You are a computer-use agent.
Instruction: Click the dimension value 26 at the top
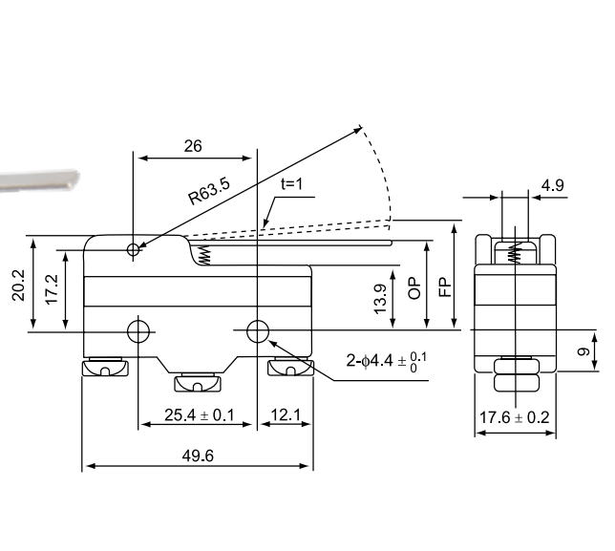click(192, 146)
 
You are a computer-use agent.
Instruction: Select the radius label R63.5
click(209, 187)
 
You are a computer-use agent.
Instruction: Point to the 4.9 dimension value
click(552, 185)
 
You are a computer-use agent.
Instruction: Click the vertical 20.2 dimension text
click(18, 284)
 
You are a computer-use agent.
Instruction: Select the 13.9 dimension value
click(380, 299)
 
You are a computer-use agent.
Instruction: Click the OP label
click(414, 288)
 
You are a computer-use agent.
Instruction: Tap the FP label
click(444, 286)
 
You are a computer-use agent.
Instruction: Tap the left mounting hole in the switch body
click(138, 331)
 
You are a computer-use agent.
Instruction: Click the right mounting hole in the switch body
click(257, 331)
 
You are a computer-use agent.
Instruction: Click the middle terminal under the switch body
click(196, 384)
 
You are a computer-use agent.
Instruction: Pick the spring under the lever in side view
click(203, 253)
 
